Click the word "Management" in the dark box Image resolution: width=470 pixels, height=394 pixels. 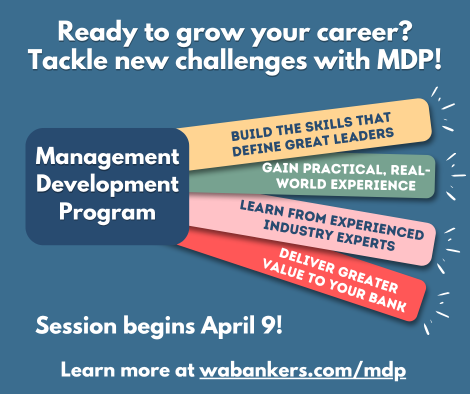pos(107,157)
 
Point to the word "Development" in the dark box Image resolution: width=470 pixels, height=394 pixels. pos(107,184)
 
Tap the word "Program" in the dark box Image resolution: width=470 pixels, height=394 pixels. pos(107,212)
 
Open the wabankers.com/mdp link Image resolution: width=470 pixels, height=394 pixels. pos(302,370)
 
